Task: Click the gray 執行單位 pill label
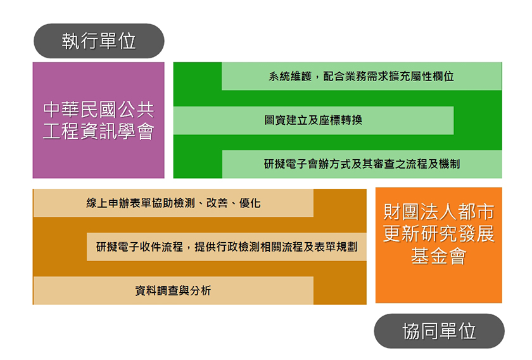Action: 99,41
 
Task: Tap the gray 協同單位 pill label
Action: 439,331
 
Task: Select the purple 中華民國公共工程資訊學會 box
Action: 98,120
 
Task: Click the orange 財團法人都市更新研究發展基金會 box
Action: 439,245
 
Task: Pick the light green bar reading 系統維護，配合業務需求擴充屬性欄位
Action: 362,76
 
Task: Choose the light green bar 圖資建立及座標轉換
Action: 313,120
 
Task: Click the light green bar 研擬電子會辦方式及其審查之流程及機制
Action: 362,164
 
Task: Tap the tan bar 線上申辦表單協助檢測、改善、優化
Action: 174,203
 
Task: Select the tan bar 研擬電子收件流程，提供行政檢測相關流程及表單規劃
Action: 227,247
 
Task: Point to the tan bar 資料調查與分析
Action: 174,290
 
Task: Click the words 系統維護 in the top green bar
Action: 290,77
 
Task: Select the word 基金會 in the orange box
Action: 439,256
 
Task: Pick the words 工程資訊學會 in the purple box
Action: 98,131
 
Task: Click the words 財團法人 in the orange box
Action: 420,212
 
